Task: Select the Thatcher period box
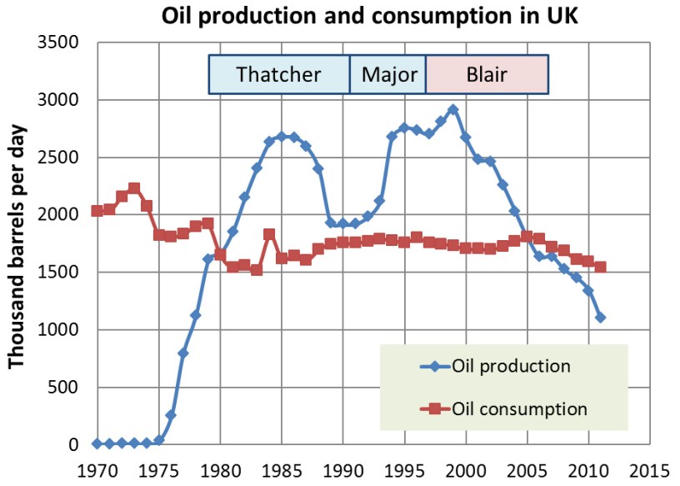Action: pos(278,74)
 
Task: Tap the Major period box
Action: pos(389,74)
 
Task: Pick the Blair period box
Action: pos(487,74)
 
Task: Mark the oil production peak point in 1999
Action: pos(452,109)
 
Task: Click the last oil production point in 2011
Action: pos(601,318)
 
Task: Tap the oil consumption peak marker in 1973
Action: pos(134,188)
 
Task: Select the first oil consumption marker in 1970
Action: pos(97,211)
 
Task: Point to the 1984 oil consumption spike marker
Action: pos(269,234)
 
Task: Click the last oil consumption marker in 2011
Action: pos(601,268)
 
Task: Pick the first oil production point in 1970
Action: pos(97,443)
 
